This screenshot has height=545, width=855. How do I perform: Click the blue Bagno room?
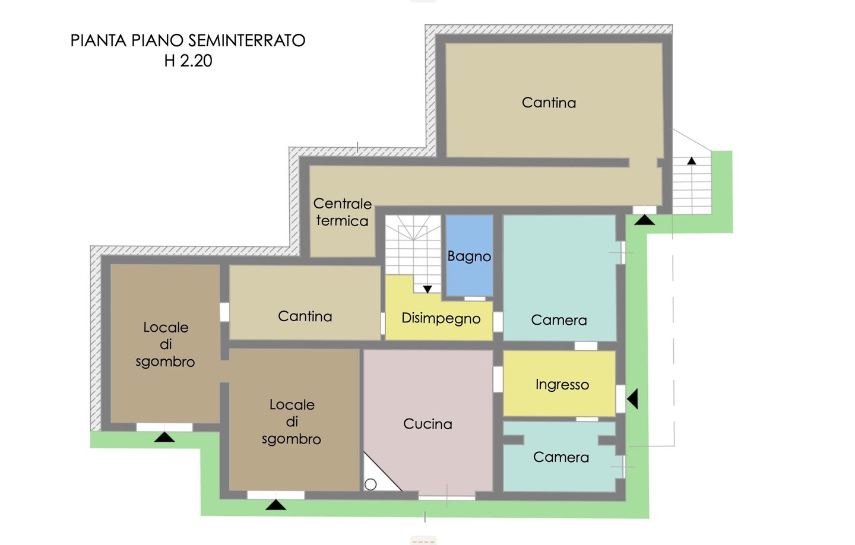pyautogui.click(x=469, y=255)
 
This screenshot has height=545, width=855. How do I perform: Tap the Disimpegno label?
pyautogui.click(x=441, y=319)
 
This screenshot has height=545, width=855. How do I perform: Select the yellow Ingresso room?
pyautogui.click(x=559, y=384)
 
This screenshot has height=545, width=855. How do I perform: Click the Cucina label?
pyautogui.click(x=427, y=424)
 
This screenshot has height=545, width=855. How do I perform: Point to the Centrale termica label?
pyautogui.click(x=343, y=212)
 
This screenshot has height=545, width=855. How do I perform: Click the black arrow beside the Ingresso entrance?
pyautogui.click(x=632, y=399)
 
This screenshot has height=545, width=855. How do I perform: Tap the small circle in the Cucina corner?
pyautogui.click(x=370, y=484)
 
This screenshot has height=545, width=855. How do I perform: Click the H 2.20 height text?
pyautogui.click(x=188, y=61)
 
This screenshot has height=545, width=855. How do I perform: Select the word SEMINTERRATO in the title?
pyautogui.click(x=247, y=40)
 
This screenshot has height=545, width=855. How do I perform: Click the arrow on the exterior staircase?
pyautogui.click(x=692, y=161)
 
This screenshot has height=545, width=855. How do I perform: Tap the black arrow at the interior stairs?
pyautogui.click(x=427, y=289)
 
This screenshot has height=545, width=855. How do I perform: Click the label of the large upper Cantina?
pyautogui.click(x=549, y=103)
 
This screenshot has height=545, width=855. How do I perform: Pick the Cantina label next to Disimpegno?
pyautogui.click(x=305, y=316)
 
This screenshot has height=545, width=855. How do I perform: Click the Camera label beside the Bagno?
pyautogui.click(x=559, y=320)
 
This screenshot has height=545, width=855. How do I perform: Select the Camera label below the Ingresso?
pyautogui.click(x=561, y=457)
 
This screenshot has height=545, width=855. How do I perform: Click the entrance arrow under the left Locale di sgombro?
pyautogui.click(x=164, y=437)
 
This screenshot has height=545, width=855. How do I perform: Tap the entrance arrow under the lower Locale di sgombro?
pyautogui.click(x=276, y=505)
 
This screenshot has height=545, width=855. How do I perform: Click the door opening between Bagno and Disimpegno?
pyautogui.click(x=474, y=299)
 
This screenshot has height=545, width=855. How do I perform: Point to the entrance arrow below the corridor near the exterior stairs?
pyautogui.click(x=645, y=220)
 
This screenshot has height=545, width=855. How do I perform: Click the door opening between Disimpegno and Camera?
pyautogui.click(x=498, y=322)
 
